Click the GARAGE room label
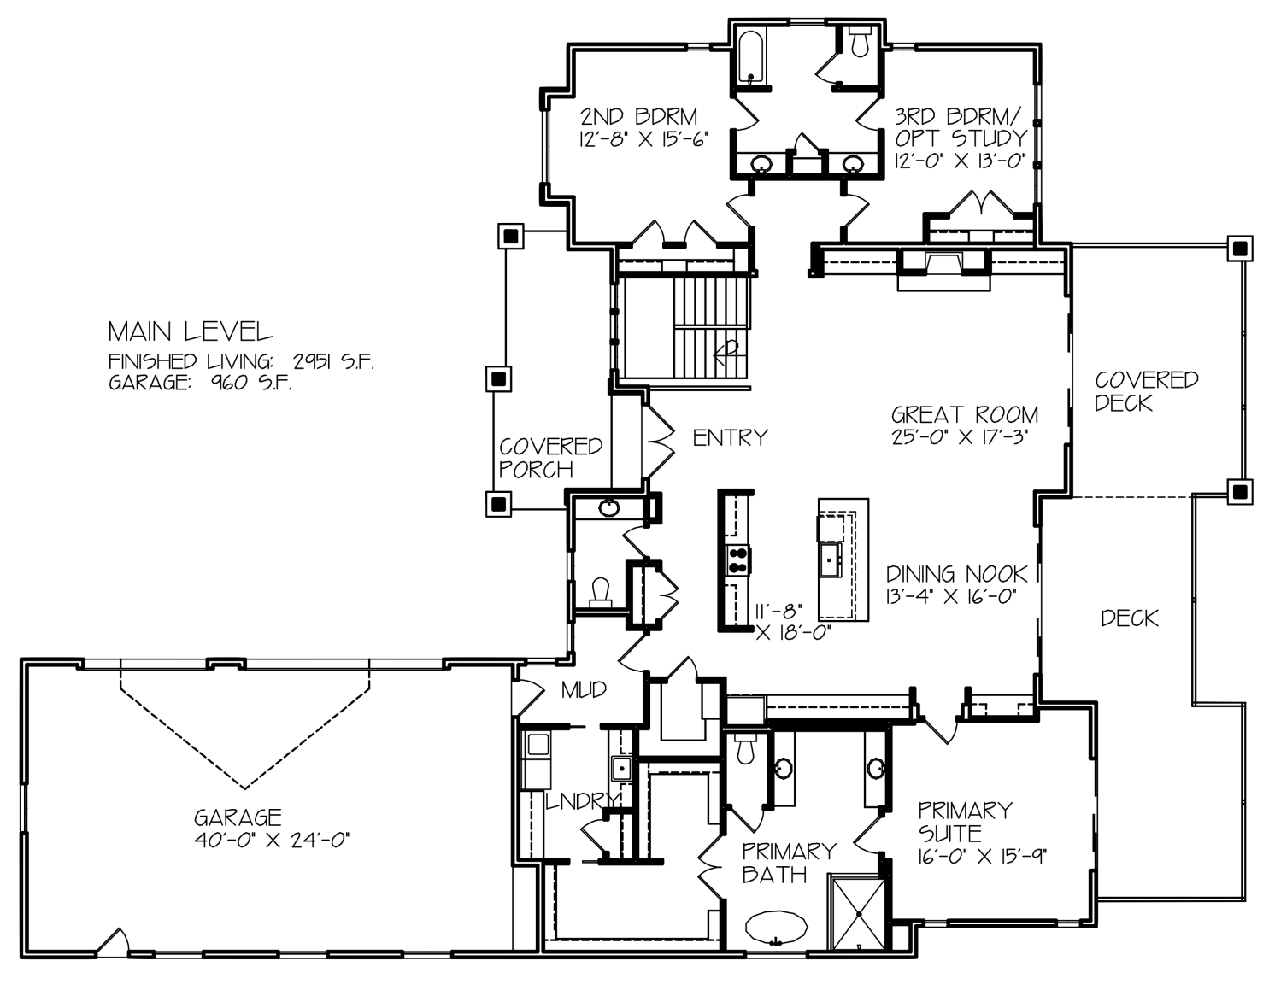click(238, 817)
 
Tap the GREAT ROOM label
click(965, 415)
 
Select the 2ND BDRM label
click(639, 117)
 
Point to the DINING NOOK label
click(956, 574)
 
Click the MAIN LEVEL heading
click(191, 331)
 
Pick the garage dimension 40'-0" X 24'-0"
click(272, 841)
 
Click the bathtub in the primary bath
click(776, 927)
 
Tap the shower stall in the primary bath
click(859, 914)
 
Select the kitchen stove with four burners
click(738, 560)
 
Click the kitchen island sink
click(831, 559)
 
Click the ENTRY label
click(730, 437)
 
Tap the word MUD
click(584, 690)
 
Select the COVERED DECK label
click(1146, 391)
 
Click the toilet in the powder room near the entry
click(601, 593)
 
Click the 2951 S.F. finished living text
click(333, 362)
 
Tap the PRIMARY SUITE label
click(965, 821)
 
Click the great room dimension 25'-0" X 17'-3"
click(959, 437)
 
